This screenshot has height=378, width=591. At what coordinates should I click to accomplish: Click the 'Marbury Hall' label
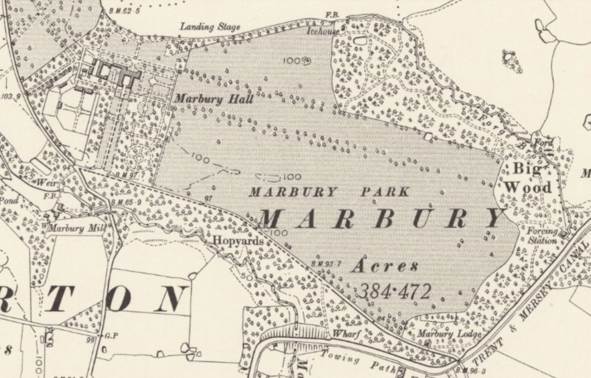[213, 99]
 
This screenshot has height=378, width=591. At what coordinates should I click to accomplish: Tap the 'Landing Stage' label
[210, 27]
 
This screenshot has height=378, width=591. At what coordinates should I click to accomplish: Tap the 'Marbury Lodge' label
[448, 334]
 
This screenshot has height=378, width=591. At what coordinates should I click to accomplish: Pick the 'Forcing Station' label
[542, 236]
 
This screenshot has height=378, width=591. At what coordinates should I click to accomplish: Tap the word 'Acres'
[384, 266]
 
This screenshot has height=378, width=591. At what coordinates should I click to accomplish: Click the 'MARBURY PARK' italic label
[329, 192]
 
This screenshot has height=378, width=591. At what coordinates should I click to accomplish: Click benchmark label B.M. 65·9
[126, 203]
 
